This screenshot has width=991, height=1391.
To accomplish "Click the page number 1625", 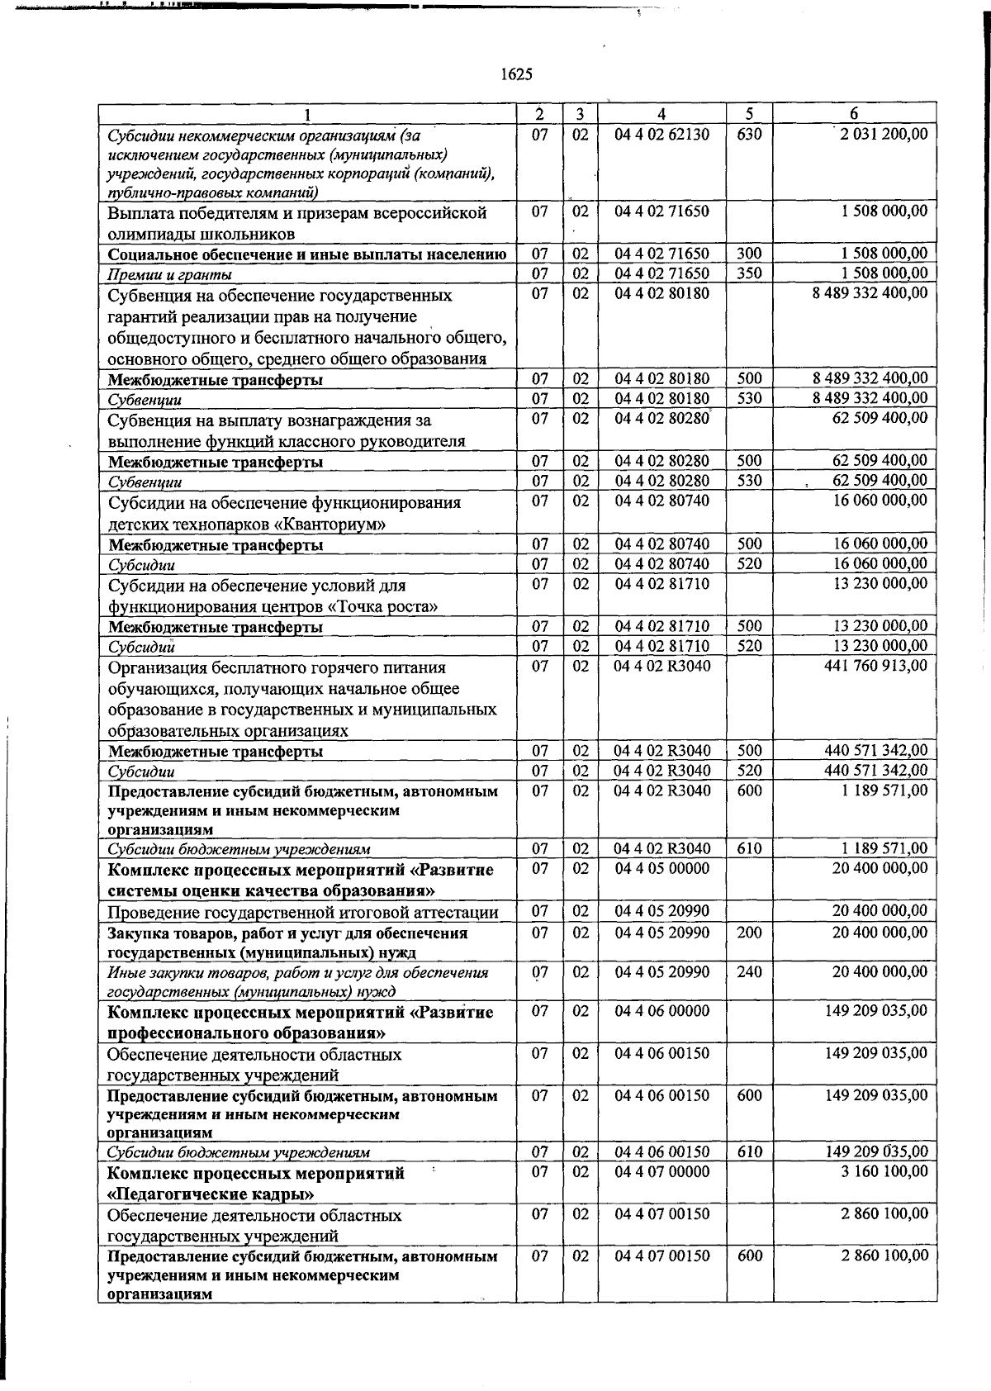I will tap(516, 74).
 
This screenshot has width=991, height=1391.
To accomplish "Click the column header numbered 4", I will tap(661, 114).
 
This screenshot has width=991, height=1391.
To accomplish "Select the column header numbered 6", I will tap(854, 114).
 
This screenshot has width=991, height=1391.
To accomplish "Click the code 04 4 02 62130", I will tap(661, 134).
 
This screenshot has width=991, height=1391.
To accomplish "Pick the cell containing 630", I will tap(749, 134).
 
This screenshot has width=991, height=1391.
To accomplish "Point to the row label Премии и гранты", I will tap(170, 274).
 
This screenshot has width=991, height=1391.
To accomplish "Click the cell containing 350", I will tap(749, 273).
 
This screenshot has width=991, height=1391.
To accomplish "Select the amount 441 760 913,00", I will tap(876, 666).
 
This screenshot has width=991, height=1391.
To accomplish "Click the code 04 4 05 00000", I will tap(661, 868).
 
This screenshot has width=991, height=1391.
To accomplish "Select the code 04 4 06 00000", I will tap(661, 1011).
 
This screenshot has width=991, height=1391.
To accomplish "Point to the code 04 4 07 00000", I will tap(661, 1171).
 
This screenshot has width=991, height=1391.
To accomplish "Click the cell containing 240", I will tap(749, 972).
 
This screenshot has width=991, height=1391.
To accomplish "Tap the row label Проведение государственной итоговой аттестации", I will tap(303, 913).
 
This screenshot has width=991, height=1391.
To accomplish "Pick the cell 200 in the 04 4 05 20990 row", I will tap(749, 933).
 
